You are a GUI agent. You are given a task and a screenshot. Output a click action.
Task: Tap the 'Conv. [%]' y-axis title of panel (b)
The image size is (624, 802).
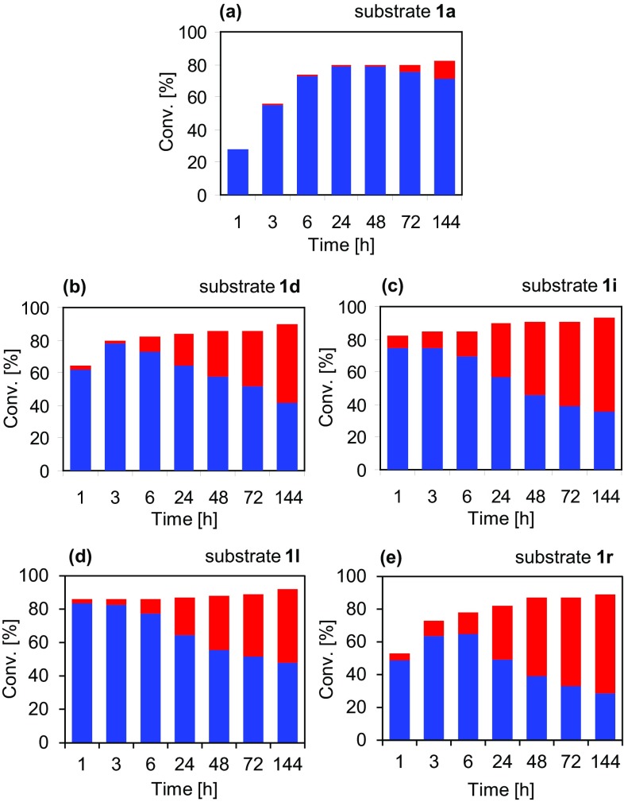click(x=13, y=389)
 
